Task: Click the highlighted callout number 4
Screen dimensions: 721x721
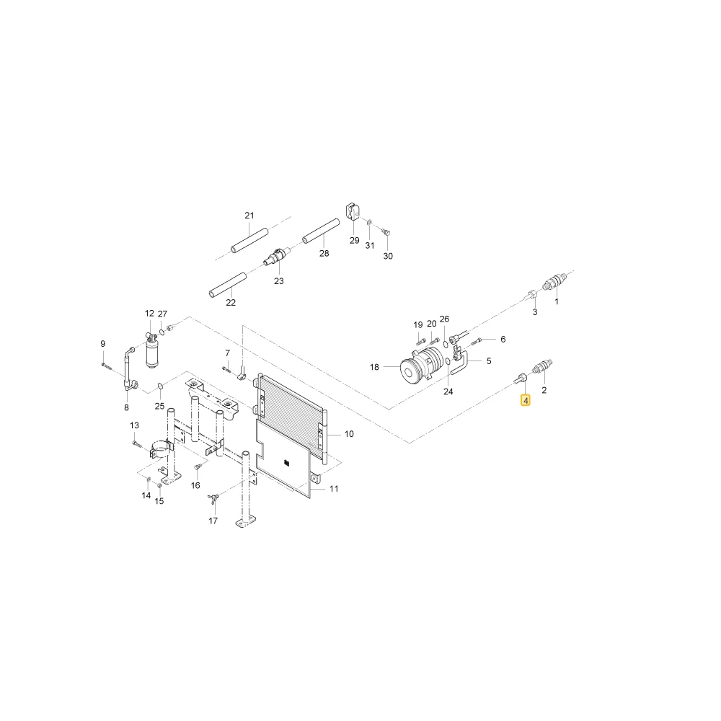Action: click(526, 400)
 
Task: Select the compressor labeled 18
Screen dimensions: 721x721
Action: click(422, 364)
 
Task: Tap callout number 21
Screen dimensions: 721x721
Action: click(249, 215)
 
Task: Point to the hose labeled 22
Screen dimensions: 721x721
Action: click(228, 285)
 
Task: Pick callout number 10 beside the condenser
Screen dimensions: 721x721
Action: click(349, 433)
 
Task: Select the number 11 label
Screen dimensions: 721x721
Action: click(334, 488)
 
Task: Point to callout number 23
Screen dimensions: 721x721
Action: click(278, 281)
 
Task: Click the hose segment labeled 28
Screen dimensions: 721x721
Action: click(321, 231)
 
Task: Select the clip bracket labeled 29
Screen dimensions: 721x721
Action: click(353, 211)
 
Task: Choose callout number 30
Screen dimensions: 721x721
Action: click(388, 256)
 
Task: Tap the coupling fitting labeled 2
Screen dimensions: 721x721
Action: click(542, 367)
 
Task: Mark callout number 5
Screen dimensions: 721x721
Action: click(489, 361)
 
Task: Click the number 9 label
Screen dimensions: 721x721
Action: click(102, 343)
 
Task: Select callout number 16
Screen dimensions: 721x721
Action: click(195, 485)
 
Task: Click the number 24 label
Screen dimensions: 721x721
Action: click(448, 392)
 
